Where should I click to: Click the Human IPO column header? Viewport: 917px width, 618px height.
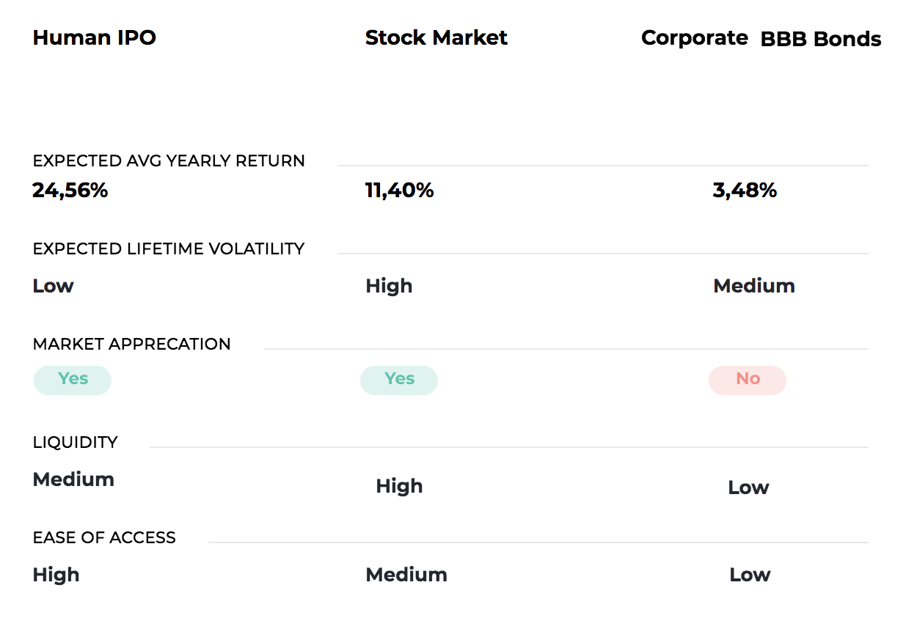(94, 37)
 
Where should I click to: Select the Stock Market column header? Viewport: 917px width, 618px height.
(436, 37)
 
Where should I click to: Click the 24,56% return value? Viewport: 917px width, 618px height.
(70, 190)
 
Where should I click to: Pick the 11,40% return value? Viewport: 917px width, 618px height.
(399, 190)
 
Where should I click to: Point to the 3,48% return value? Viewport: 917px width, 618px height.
(745, 190)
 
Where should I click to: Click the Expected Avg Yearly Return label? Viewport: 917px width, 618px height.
(169, 161)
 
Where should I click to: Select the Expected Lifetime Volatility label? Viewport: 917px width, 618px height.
(169, 249)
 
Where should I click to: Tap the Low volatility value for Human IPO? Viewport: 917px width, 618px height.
(54, 285)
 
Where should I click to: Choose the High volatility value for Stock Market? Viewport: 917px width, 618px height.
(389, 286)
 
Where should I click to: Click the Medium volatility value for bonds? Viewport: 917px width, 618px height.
(754, 285)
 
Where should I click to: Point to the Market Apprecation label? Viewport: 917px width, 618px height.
(131, 344)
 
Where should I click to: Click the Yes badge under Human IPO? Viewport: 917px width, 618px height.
(73, 380)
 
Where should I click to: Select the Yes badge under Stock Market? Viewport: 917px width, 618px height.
(399, 380)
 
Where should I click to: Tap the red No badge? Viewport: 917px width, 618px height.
(748, 380)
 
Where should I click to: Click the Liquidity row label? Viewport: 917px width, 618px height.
(76, 442)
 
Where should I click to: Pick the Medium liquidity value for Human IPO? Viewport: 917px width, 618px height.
(73, 479)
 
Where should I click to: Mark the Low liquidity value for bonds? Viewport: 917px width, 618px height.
(748, 487)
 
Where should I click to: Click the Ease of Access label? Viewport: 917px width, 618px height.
(104, 537)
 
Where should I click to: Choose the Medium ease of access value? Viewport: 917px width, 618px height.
(406, 575)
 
